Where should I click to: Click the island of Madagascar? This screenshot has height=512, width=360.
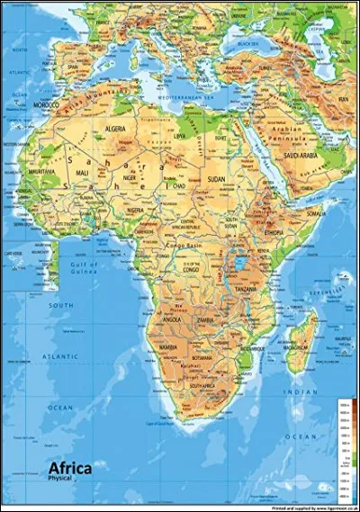(x=301, y=343)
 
